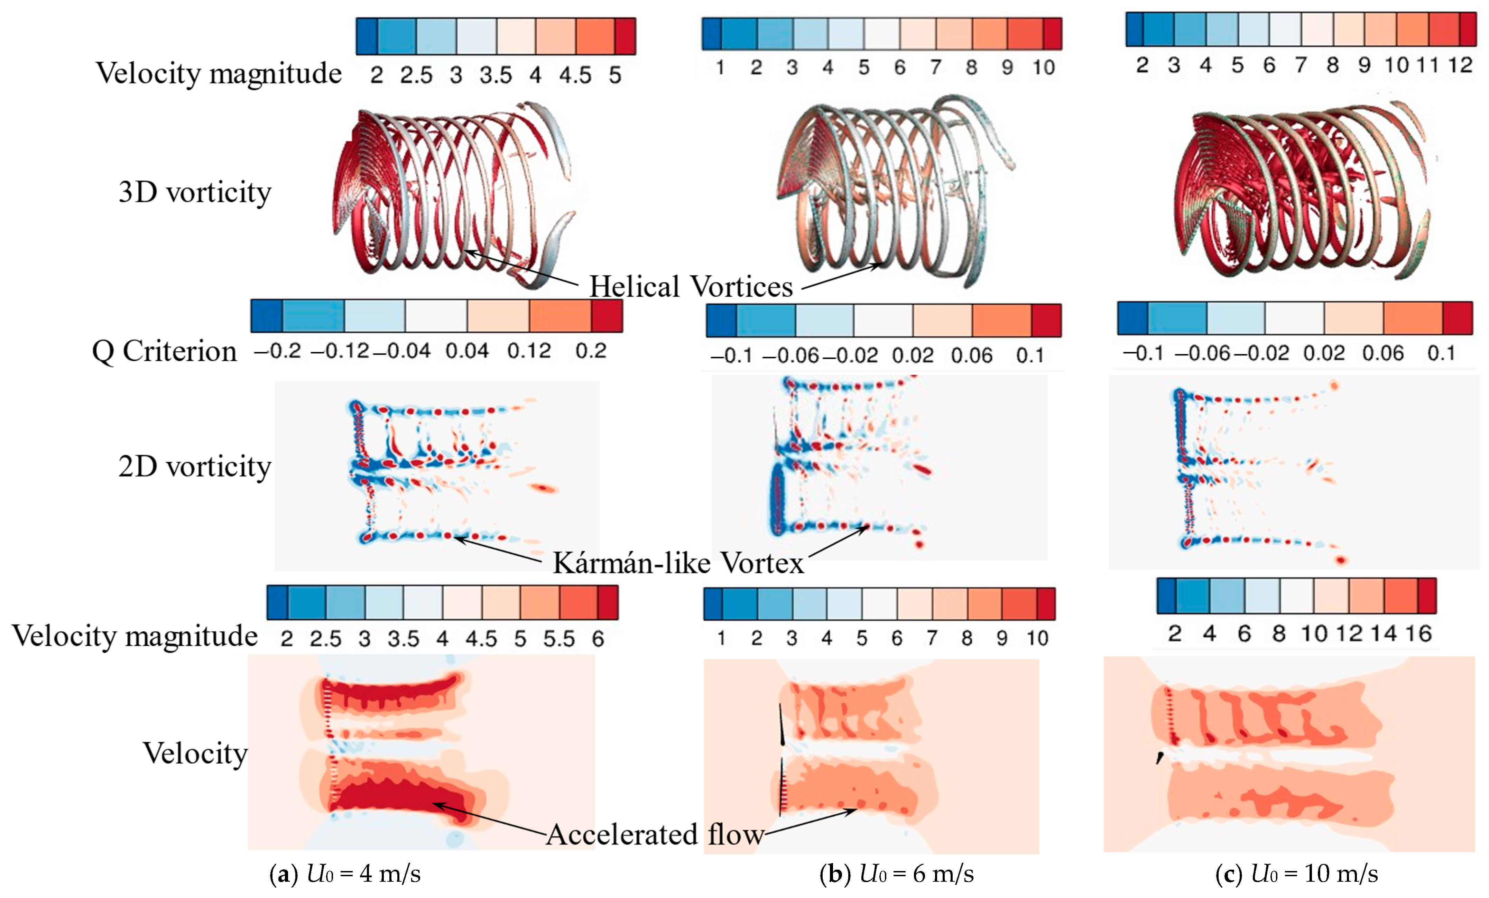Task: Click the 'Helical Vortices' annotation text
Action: pyautogui.click(x=691, y=286)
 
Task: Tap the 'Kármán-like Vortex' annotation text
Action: pyautogui.click(x=678, y=563)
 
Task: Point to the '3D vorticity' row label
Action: pyautogui.click(x=195, y=192)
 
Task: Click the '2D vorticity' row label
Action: pyautogui.click(x=195, y=466)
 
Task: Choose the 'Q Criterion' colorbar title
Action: pyautogui.click(x=164, y=351)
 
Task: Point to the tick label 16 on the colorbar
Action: pyautogui.click(x=1418, y=633)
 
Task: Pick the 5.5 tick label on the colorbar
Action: pyautogui.click(x=558, y=639)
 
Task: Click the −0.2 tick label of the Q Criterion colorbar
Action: pyautogui.click(x=277, y=351)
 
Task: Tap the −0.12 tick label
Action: pyautogui.click(x=340, y=351)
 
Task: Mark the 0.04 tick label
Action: pyautogui.click(x=467, y=351)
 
